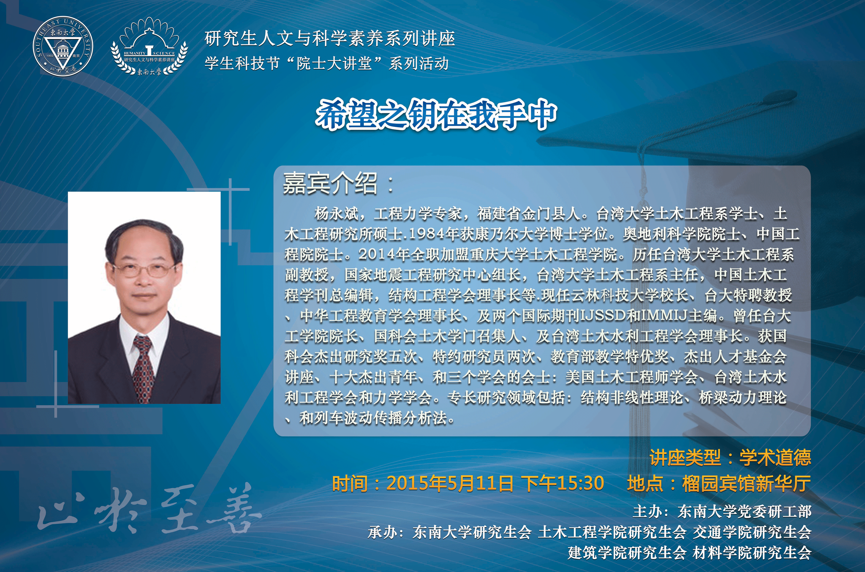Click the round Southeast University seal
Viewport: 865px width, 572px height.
(63, 47)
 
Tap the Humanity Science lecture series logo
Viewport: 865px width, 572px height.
(149, 47)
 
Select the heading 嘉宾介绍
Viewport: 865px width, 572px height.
(330, 183)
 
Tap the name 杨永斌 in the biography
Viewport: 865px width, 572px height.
(336, 214)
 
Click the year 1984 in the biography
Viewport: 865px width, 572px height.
(426, 234)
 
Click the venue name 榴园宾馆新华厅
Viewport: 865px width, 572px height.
(746, 484)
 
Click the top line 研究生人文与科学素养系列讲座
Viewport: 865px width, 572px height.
(330, 39)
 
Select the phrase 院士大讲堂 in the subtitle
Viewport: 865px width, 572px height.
(334, 64)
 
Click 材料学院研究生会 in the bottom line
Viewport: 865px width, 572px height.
(752, 553)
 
